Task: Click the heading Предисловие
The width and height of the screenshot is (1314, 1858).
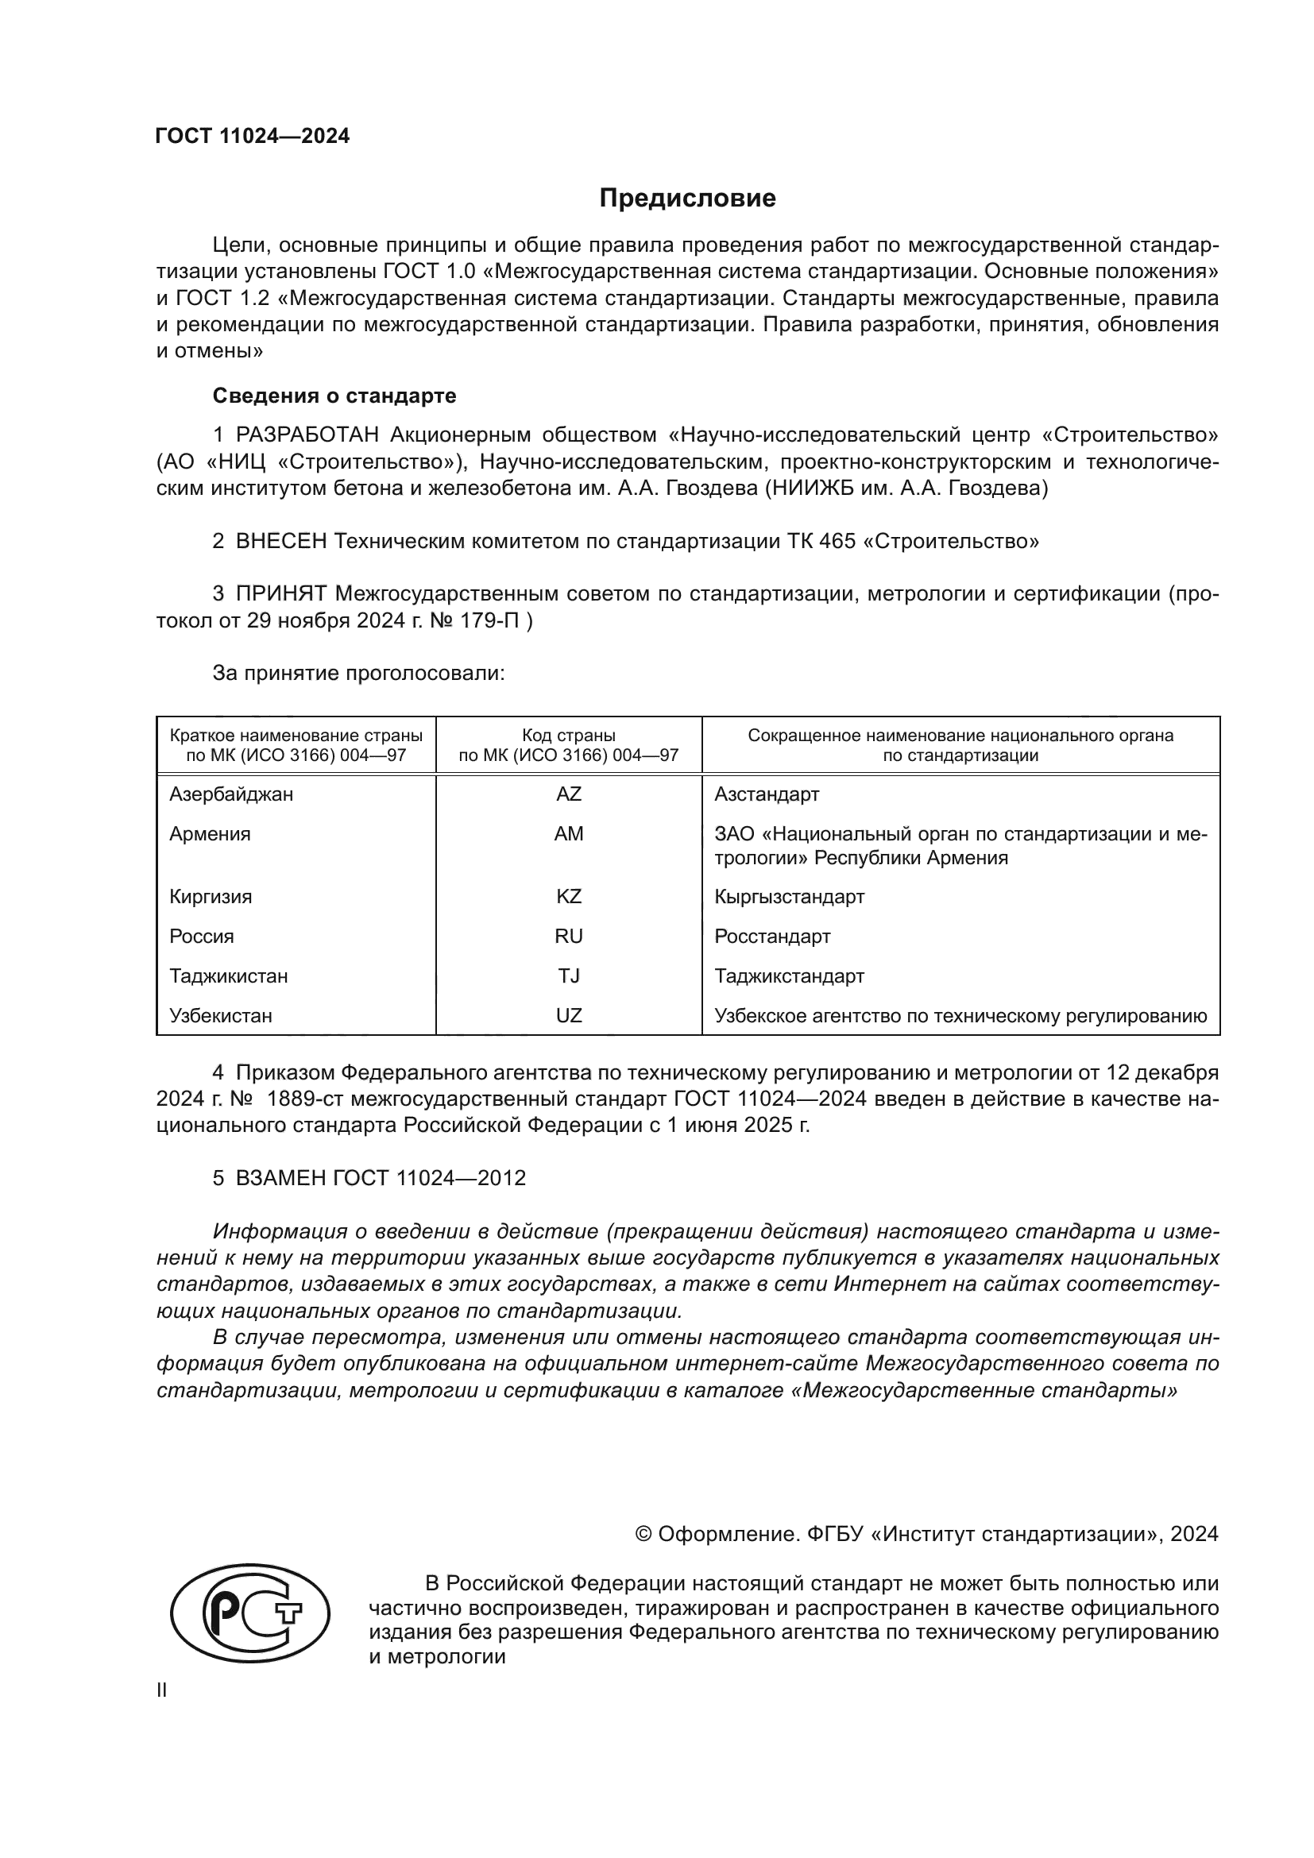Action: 687,199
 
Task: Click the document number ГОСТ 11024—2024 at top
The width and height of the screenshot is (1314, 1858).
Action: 253,136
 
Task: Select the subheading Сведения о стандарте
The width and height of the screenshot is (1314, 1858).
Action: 334,396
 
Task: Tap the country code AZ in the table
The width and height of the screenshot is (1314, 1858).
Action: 568,794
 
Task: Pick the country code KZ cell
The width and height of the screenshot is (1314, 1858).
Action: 568,897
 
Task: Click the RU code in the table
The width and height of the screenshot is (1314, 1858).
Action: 568,937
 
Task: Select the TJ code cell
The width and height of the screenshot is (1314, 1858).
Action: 568,976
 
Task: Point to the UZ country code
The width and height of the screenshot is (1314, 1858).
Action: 568,1016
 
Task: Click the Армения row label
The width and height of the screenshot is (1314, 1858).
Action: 210,833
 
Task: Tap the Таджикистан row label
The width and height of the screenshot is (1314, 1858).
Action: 228,976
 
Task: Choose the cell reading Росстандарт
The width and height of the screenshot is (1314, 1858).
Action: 772,937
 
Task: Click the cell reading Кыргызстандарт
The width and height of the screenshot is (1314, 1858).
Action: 789,897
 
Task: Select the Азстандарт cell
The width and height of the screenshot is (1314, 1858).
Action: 766,794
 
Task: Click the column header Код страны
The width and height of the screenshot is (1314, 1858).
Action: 568,736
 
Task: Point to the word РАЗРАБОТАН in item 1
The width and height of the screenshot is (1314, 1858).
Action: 307,435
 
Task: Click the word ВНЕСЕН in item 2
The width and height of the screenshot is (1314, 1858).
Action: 280,541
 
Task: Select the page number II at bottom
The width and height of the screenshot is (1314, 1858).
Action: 162,1690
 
